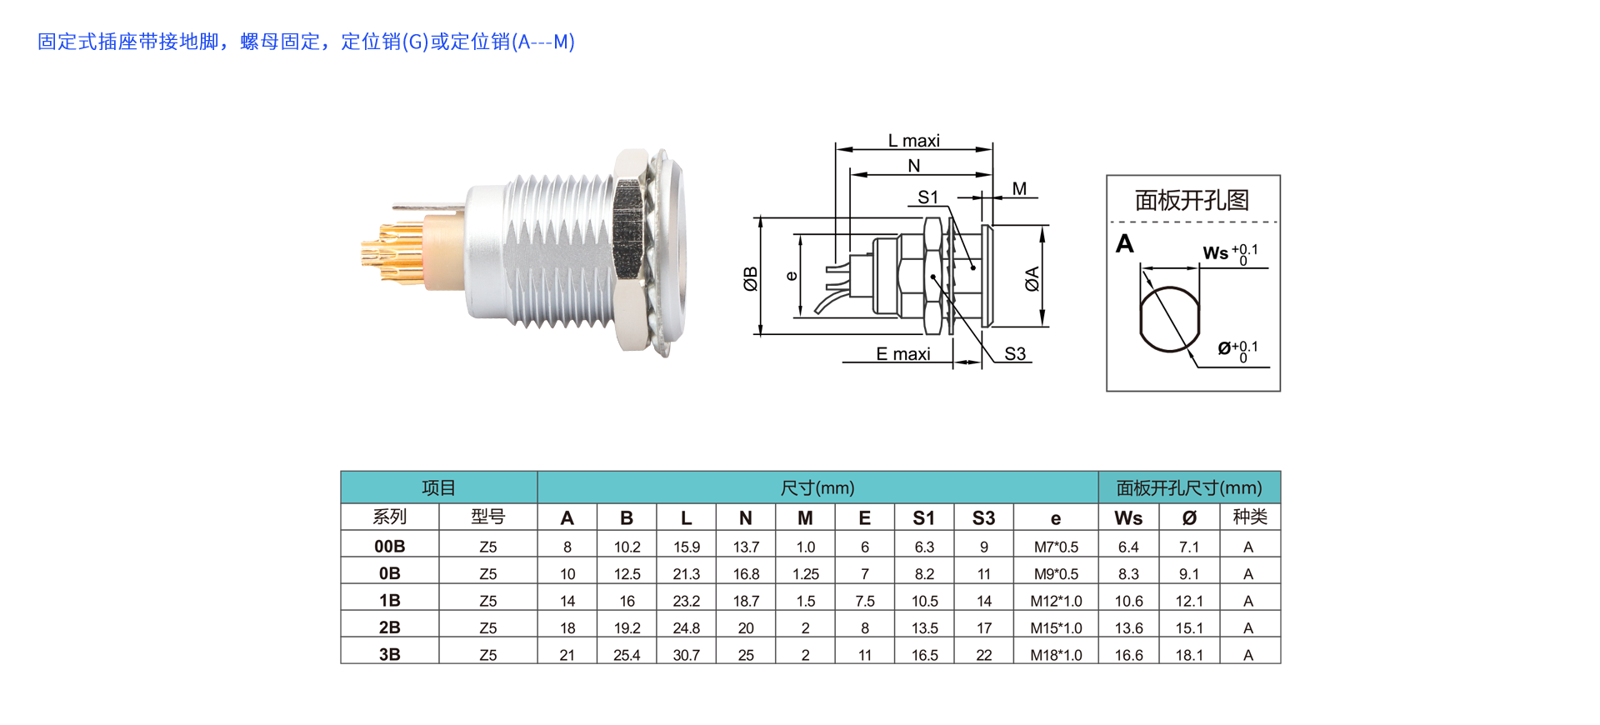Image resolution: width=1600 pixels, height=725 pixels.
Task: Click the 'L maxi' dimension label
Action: (913, 141)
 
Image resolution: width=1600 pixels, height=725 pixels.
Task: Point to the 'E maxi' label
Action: (902, 354)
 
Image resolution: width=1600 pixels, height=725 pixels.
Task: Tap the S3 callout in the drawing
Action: (1015, 354)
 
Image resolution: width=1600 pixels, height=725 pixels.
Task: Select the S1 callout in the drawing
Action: (927, 197)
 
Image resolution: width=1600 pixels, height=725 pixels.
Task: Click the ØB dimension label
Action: (750, 278)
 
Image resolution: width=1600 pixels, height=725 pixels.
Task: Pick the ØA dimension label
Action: (1032, 278)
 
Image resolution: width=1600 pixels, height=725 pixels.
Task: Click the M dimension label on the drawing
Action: (1019, 189)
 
